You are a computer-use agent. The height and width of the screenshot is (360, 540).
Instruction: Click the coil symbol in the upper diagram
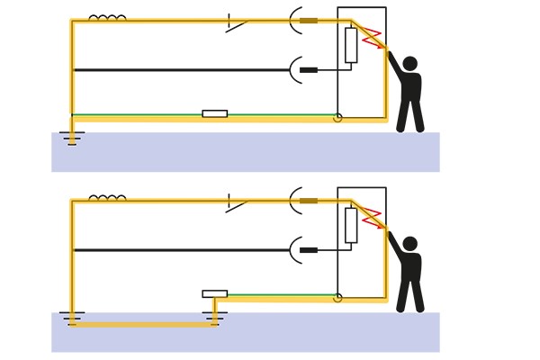click(107, 17)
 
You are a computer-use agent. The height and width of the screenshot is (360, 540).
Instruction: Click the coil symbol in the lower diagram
click(107, 197)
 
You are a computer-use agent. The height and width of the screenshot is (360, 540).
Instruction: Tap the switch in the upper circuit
click(236, 23)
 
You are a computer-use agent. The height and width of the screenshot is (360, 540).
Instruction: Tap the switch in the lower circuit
click(236, 203)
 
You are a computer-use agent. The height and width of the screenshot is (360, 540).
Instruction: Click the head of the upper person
click(409, 64)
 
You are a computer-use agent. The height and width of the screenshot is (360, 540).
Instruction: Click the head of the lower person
click(409, 244)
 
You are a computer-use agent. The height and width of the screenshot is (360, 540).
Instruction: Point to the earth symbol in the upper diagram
click(72, 138)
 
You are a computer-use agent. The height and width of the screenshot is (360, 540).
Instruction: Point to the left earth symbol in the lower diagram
click(72, 318)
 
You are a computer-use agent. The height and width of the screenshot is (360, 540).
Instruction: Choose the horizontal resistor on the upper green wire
click(214, 113)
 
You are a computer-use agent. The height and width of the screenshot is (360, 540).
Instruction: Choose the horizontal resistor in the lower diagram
click(214, 293)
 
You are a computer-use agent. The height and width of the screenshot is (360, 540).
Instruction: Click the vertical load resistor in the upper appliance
click(351, 45)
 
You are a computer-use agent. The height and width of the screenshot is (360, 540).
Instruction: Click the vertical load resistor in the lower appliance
click(351, 225)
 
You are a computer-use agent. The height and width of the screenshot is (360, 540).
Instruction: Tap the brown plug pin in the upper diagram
click(309, 20)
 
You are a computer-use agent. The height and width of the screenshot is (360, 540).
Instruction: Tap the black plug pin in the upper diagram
click(309, 69)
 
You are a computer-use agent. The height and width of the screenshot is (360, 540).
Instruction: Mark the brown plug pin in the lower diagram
click(309, 200)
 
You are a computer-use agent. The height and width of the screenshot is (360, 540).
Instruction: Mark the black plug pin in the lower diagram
click(309, 249)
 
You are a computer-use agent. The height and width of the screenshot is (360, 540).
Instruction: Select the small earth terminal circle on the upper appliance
click(337, 118)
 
